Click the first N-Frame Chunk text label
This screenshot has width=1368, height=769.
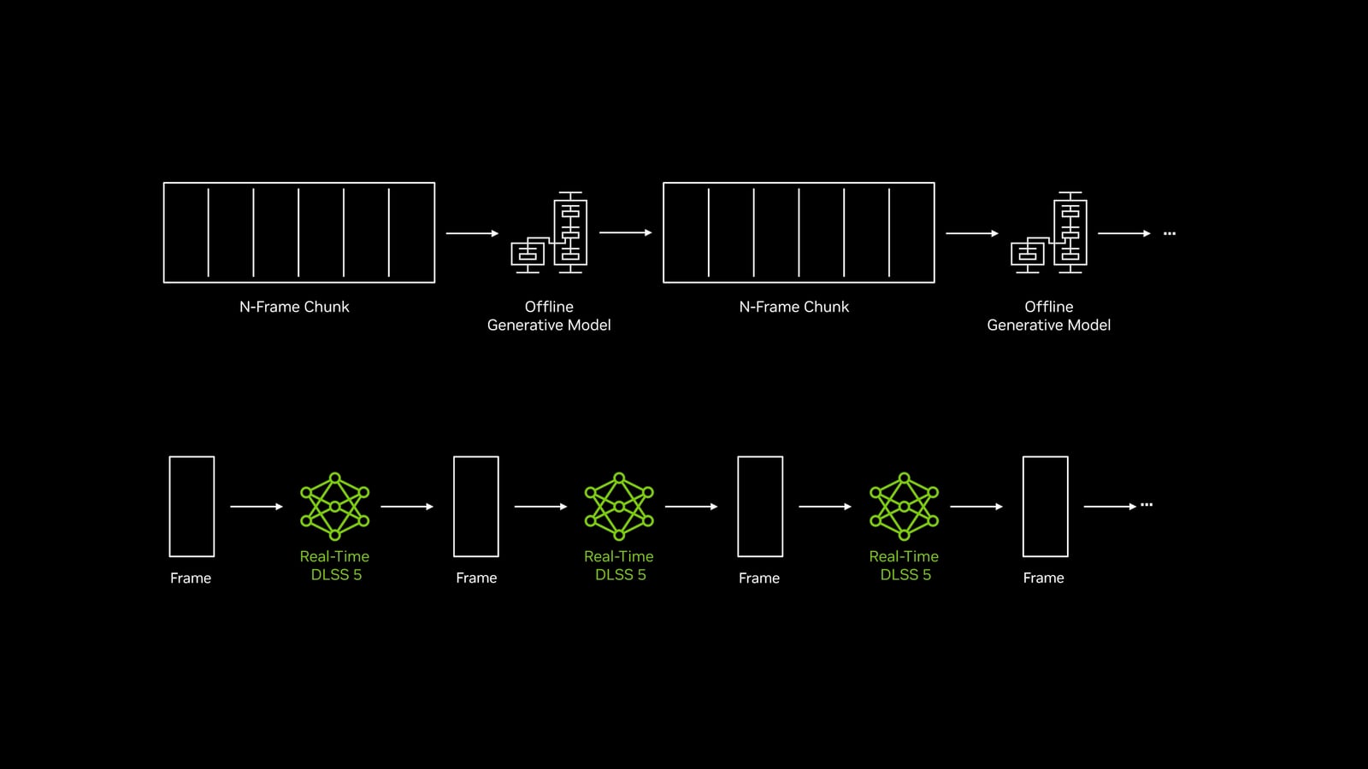point(294,307)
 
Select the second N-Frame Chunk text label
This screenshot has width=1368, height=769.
point(794,307)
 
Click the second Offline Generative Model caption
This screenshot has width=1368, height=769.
point(1048,315)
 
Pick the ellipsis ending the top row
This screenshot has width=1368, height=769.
point(1170,233)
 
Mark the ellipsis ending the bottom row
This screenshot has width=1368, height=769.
point(1147,505)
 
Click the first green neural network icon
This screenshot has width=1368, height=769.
point(334,507)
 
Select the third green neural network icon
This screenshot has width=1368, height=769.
point(904,507)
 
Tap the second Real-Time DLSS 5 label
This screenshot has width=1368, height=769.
point(619,565)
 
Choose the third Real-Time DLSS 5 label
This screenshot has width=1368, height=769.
point(904,565)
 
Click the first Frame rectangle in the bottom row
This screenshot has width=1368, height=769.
point(169,507)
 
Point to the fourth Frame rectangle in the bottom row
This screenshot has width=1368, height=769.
point(1023,507)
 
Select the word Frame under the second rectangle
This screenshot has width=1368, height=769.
point(476,578)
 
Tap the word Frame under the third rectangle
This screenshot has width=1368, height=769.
point(759,578)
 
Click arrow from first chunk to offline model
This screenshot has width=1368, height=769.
point(472,233)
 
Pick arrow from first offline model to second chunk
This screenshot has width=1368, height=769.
point(625,232)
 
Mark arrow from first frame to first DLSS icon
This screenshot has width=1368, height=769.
point(256,507)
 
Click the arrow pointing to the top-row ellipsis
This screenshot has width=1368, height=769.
point(1124,233)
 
